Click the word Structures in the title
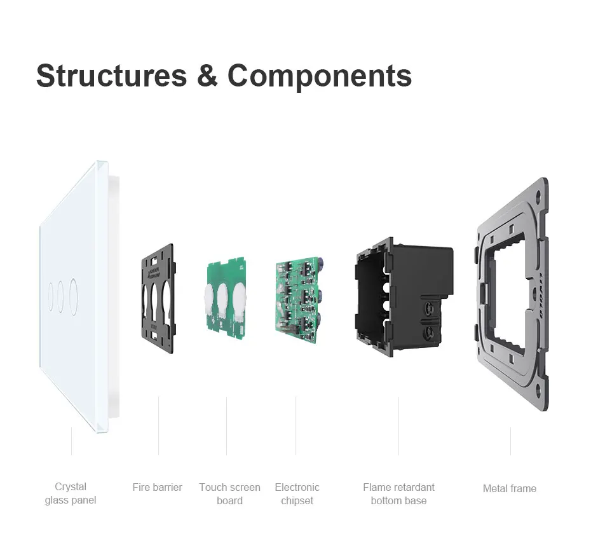pos(111,75)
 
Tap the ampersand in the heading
pos(207,75)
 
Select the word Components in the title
pos(320,75)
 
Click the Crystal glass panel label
pos(71,493)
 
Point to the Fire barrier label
pos(157,487)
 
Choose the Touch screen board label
pos(229,493)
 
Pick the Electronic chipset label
pos(297,493)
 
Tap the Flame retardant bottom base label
pos(398,493)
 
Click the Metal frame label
pos(509,488)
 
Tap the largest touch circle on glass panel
pos(74,294)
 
